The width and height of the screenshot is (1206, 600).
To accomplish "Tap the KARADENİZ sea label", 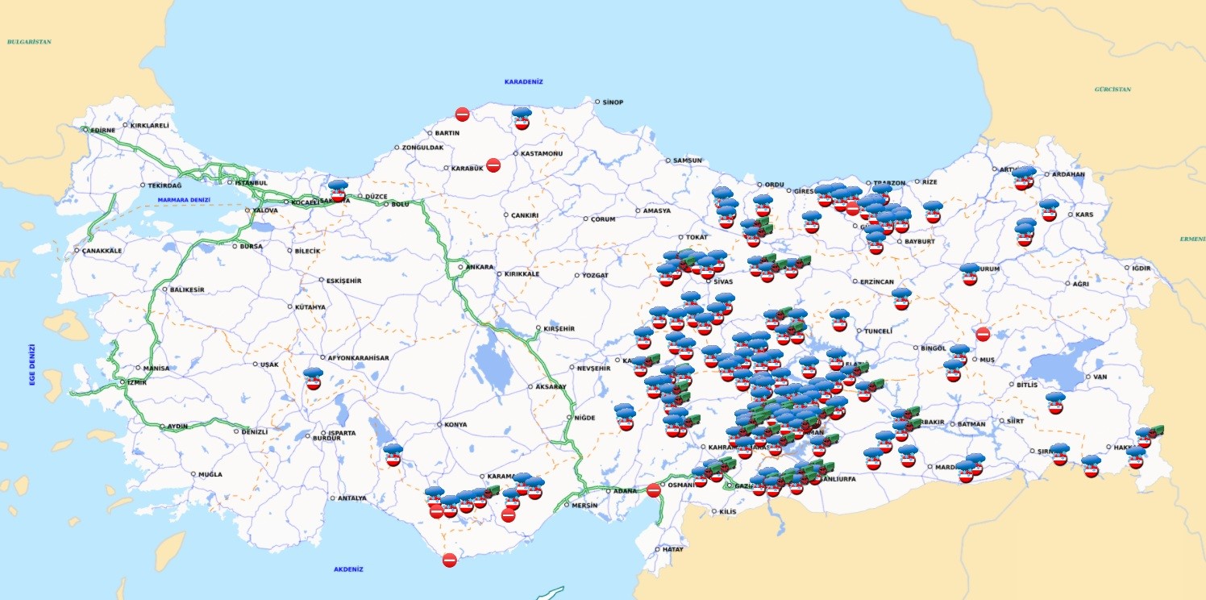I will tap(524, 81).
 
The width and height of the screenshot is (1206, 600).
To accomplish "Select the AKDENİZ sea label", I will tap(348, 569).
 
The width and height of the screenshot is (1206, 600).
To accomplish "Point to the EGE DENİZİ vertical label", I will tap(33, 365).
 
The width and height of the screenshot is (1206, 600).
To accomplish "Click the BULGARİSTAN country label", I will tap(29, 41).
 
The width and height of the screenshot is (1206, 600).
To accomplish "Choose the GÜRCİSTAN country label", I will tap(1112, 90).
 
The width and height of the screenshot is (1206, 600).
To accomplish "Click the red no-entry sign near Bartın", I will tap(462, 115).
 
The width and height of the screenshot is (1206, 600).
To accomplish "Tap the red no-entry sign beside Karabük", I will tap(493, 165).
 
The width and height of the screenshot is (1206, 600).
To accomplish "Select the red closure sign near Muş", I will tap(983, 334).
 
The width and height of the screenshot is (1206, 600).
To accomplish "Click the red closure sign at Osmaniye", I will tap(654, 490).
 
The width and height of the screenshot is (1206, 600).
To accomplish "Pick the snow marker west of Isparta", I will tap(314, 379).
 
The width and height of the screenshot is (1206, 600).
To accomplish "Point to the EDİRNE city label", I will tap(102, 129).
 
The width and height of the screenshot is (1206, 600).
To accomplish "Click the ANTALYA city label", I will tap(352, 498).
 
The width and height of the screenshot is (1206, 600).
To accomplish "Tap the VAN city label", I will tap(1100, 377).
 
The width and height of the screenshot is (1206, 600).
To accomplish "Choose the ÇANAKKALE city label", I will tap(101, 251).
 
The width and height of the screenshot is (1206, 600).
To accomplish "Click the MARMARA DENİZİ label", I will tap(184, 200).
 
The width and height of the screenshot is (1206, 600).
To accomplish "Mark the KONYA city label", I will tap(455, 425).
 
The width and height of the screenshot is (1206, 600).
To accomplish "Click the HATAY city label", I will tap(673, 549).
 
